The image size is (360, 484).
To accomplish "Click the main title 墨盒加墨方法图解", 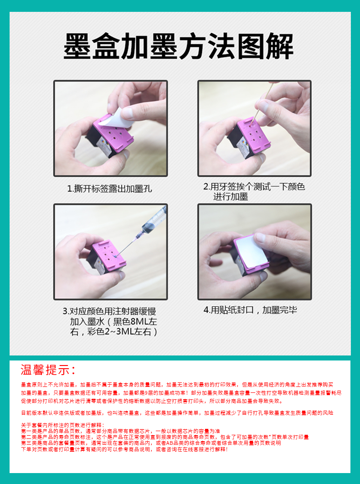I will pyautogui.click(x=178, y=46).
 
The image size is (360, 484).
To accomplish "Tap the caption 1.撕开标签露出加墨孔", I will pyautogui.click(x=109, y=189).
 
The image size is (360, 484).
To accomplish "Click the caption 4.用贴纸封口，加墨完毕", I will pyautogui.click(x=250, y=310).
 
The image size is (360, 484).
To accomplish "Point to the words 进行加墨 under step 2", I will pyautogui.click(x=231, y=197).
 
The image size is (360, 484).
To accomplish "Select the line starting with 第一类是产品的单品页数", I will pyautogui.click(x=121, y=431).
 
